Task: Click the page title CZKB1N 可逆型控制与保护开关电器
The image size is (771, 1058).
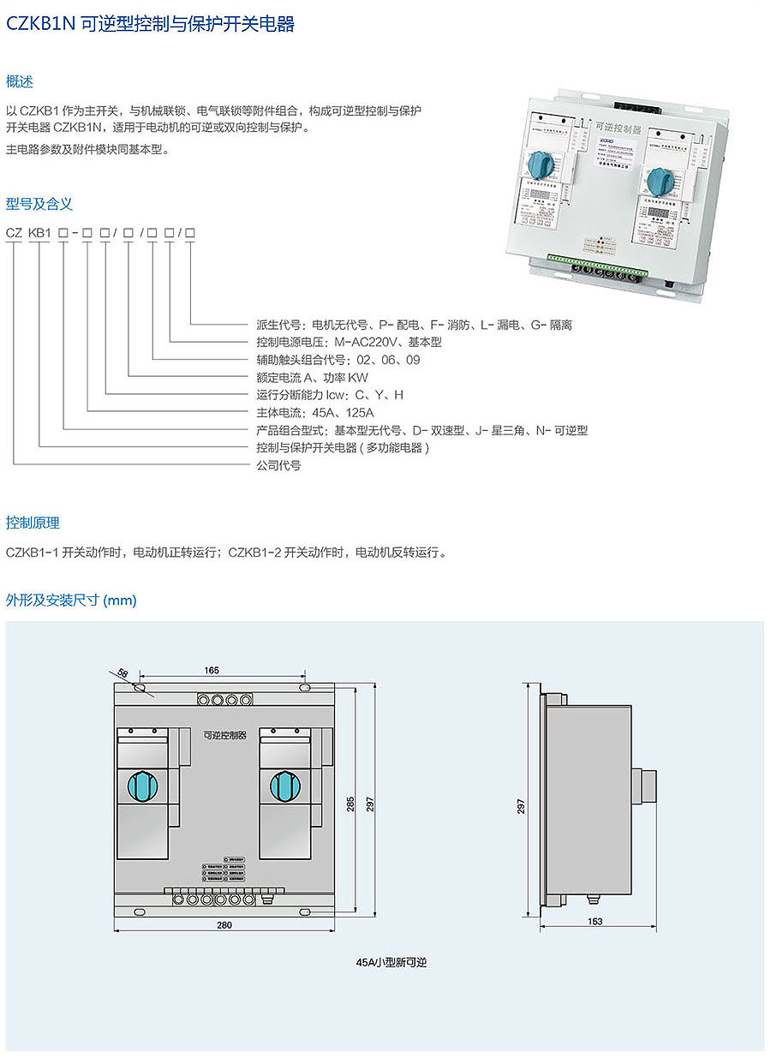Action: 151,25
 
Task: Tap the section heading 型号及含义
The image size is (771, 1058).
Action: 39,204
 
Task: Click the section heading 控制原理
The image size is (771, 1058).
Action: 33,523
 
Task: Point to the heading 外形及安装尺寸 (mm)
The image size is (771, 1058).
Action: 71,600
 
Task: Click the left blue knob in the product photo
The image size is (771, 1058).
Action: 541,162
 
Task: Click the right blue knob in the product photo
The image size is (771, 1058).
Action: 658,180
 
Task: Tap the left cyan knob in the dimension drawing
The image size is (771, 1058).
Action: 142,784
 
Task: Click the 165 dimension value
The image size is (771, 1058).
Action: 212,669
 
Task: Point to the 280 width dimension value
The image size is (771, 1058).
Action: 224,925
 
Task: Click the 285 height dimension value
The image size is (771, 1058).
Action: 350,806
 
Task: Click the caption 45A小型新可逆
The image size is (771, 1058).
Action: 391,962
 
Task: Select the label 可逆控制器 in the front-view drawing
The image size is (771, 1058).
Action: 224,736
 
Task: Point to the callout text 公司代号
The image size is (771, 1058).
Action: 278,465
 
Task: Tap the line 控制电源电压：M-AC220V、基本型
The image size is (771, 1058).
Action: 349,343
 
